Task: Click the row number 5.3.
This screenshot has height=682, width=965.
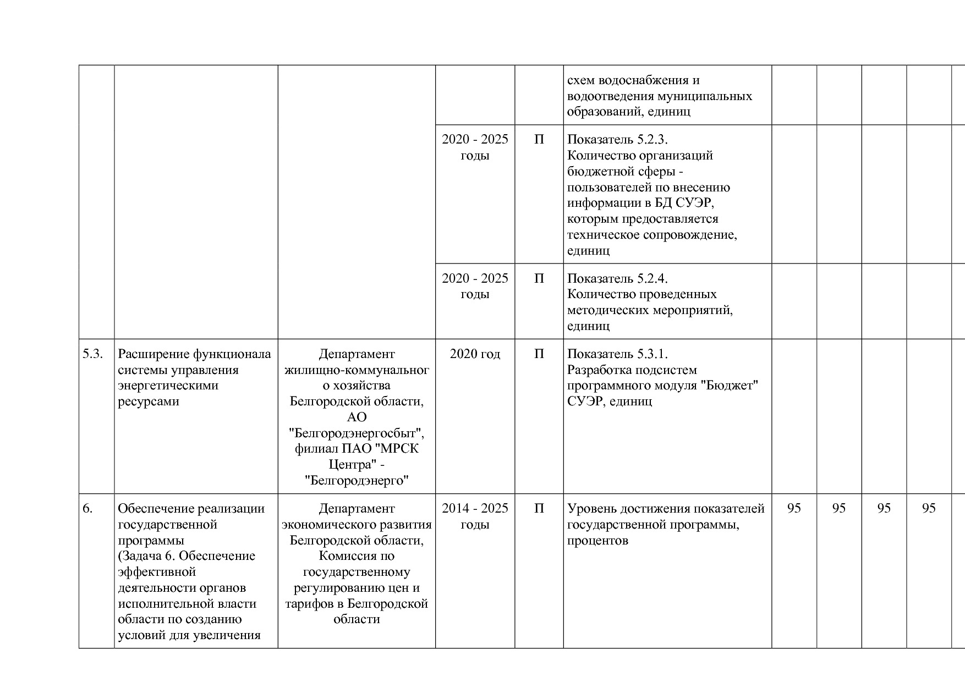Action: (92, 354)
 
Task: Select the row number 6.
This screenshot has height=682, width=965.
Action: (87, 509)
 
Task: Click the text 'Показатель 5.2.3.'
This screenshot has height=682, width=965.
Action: (617, 140)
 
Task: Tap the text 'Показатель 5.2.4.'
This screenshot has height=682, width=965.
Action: (617, 279)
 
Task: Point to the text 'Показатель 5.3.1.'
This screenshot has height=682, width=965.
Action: (617, 354)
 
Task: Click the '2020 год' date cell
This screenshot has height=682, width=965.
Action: (475, 354)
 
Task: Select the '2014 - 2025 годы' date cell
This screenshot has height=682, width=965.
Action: (475, 516)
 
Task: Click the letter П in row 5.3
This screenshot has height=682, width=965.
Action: (539, 354)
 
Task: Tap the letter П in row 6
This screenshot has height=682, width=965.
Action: (539, 509)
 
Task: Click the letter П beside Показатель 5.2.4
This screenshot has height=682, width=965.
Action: (539, 279)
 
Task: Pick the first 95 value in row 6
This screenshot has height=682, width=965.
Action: (794, 509)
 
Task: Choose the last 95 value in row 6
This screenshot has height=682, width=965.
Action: (929, 509)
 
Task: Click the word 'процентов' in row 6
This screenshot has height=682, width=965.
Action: (597, 541)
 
